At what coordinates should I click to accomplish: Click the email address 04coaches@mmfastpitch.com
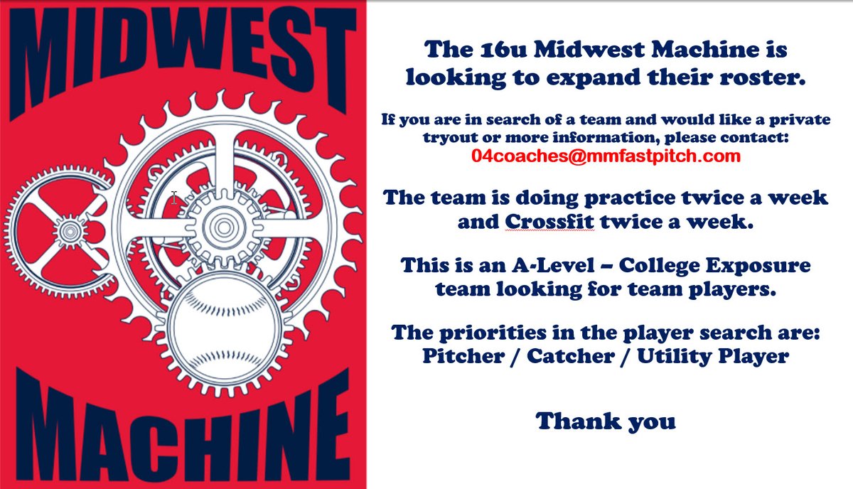point(606,156)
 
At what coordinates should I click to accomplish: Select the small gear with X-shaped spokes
point(69,230)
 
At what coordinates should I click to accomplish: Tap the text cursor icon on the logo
point(174,198)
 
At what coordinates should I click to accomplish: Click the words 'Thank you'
point(606,421)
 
